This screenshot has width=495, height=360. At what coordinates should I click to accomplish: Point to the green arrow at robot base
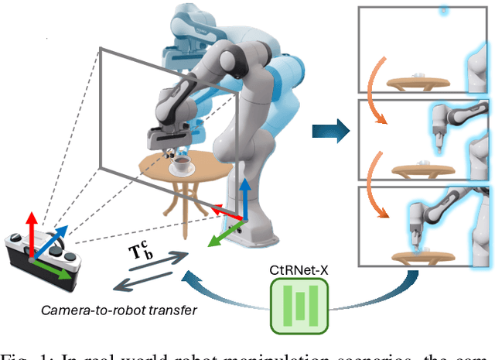[224, 235]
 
